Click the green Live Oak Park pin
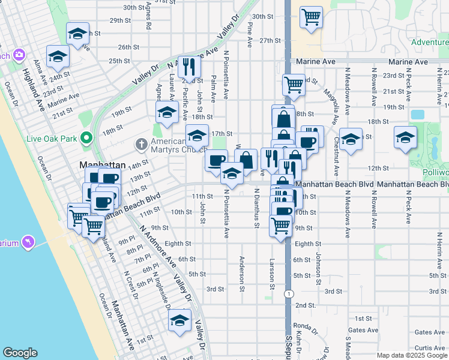tap(86, 139)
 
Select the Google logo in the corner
tap(20, 353)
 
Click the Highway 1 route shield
tap(289, 294)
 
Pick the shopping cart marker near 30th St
tap(311, 17)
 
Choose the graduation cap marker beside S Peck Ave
tap(405, 137)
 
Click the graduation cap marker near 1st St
tap(179, 320)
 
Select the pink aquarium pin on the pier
tap(27, 242)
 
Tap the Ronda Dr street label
tap(305, 328)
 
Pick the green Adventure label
tap(430, 43)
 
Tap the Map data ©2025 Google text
tap(411, 355)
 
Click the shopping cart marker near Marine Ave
tap(294, 85)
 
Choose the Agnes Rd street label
tap(148, 18)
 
